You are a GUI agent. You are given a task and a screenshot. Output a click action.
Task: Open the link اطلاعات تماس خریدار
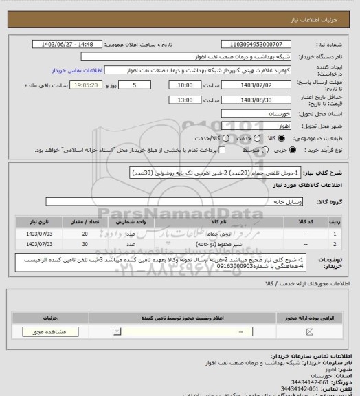tap(79, 70)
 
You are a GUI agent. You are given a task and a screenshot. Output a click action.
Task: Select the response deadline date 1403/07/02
tap(256, 85)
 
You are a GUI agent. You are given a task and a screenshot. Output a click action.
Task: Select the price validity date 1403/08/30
tap(256, 100)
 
